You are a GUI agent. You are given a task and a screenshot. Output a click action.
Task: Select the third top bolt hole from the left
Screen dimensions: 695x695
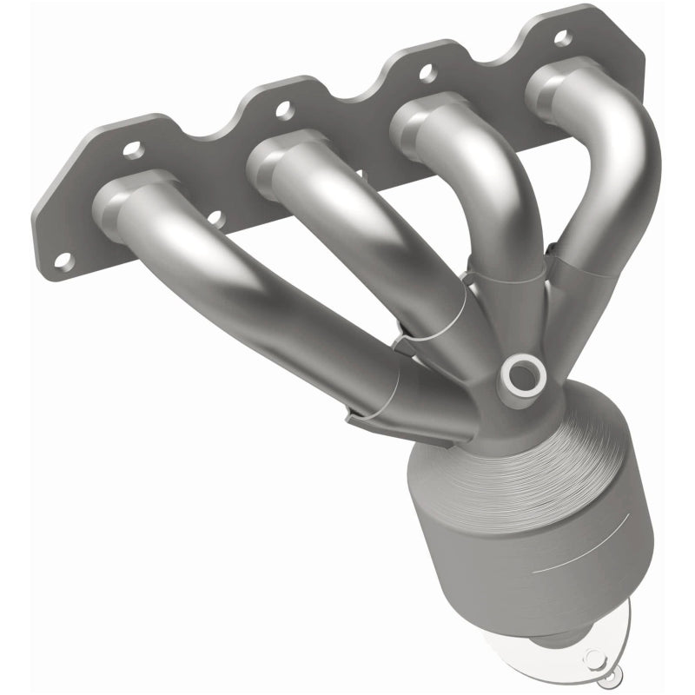(425, 72)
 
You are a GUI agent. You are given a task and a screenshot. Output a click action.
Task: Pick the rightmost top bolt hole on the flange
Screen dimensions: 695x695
(562, 37)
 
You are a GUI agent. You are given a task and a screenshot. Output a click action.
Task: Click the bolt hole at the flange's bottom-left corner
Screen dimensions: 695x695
(63, 259)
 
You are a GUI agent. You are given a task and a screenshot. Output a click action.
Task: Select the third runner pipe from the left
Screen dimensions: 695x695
(486, 200)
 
